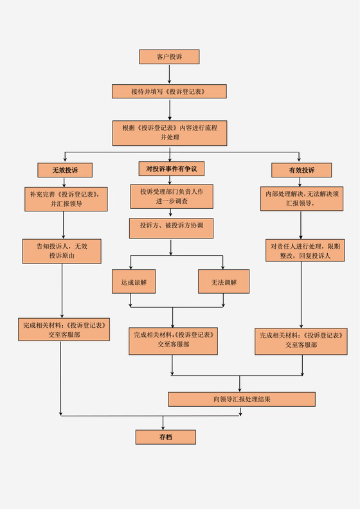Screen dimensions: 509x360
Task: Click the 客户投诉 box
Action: pyautogui.click(x=169, y=57)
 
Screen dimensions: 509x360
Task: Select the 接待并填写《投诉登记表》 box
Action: pyautogui.click(x=169, y=91)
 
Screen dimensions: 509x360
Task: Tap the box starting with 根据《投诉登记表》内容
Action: pyautogui.click(x=170, y=132)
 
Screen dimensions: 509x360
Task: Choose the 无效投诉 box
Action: pyautogui.click(x=64, y=170)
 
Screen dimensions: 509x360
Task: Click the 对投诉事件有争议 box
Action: pyautogui.click(x=170, y=169)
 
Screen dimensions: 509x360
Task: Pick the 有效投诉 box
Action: pyautogui.click(x=301, y=170)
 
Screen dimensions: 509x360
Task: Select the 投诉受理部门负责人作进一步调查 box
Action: pyautogui.click(x=171, y=197)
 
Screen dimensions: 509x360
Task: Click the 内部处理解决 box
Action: pyautogui.click(x=301, y=199)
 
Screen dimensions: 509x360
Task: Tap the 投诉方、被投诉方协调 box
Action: pyautogui.click(x=170, y=228)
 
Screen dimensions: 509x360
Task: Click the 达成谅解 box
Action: pyautogui.click(x=134, y=281)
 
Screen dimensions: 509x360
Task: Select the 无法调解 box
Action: pyautogui.click(x=224, y=281)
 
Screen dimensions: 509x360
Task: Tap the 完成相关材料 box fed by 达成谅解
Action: pyautogui.click(x=173, y=340)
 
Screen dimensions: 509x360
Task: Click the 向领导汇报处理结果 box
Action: pyautogui.click(x=242, y=399)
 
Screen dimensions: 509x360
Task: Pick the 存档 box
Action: pyautogui.click(x=165, y=437)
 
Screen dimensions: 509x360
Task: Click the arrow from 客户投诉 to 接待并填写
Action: pyautogui.click(x=169, y=74)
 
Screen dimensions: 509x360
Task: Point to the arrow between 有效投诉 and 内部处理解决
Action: pyautogui.click(x=301, y=182)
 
